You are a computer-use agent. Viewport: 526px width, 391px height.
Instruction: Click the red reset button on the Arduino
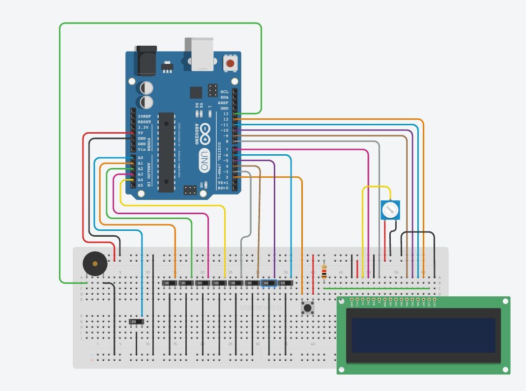pyautogui.click(x=230, y=63)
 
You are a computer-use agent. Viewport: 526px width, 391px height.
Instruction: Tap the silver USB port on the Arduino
pyautogui.click(x=200, y=54)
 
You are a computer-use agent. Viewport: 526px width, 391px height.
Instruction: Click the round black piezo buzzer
pyautogui.click(x=94, y=264)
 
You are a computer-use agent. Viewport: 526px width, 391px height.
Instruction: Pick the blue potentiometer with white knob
pyautogui.click(x=390, y=210)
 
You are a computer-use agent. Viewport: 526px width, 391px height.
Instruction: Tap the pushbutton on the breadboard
pyautogui.click(x=308, y=308)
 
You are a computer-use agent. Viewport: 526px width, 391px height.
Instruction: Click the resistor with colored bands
pyautogui.click(x=324, y=272)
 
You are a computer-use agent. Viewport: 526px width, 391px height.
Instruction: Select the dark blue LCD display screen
pyautogui.click(x=423, y=335)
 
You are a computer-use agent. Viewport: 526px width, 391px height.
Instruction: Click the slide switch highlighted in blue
pyautogui.click(x=269, y=283)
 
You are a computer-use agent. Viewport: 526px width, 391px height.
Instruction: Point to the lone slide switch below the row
pyautogui.click(x=137, y=322)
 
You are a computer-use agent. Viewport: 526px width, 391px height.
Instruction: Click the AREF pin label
pyautogui.click(x=223, y=103)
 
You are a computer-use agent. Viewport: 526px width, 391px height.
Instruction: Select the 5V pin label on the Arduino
pyautogui.click(x=141, y=133)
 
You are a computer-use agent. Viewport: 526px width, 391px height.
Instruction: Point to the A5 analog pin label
pyautogui.click(x=141, y=185)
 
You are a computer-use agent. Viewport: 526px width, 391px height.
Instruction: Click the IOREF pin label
pyautogui.click(x=145, y=116)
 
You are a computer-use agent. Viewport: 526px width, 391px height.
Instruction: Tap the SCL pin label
pyautogui.click(x=224, y=92)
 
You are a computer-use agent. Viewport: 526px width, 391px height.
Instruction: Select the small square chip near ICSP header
pyautogui.click(x=196, y=92)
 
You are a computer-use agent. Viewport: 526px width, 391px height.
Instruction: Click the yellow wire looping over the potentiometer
pyautogui.click(x=377, y=187)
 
